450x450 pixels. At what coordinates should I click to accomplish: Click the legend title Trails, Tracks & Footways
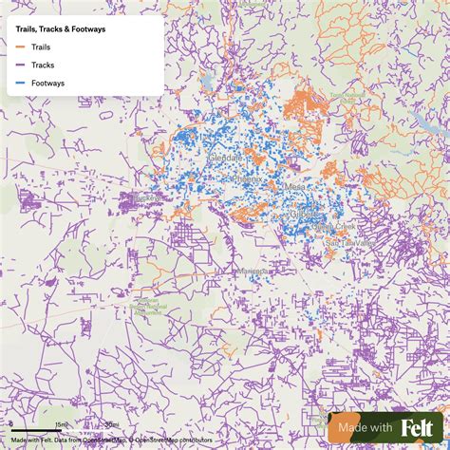click(x=61, y=29)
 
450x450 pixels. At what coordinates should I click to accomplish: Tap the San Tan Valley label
click(x=345, y=244)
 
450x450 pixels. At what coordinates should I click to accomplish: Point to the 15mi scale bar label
click(x=60, y=424)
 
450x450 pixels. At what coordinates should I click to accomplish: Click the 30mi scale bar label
click(x=111, y=424)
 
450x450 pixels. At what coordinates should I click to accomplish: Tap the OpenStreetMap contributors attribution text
click(x=175, y=440)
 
